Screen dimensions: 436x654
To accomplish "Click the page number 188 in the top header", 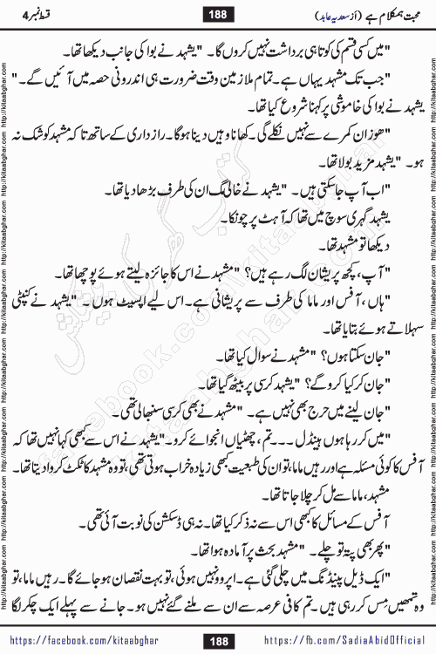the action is (x=218, y=15).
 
